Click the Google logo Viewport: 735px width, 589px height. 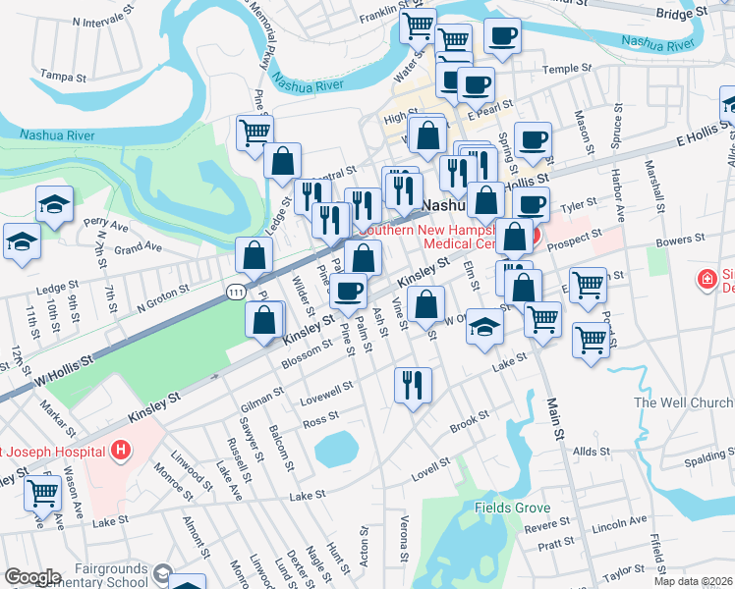tap(32, 577)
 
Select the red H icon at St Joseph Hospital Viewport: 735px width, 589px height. tap(120, 452)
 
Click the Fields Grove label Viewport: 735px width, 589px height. tap(510, 508)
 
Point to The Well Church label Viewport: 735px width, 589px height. tap(683, 402)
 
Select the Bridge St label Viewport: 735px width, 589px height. tap(681, 14)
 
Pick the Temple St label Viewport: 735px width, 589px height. tap(566, 69)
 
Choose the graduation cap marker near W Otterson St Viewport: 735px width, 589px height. tap(484, 327)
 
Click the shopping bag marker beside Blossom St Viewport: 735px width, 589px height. tap(264, 321)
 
